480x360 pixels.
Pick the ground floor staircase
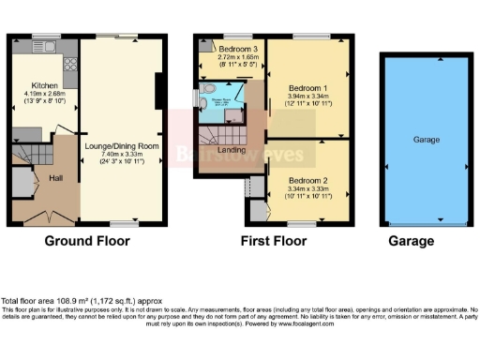click(x=28, y=155)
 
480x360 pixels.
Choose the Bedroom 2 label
click(x=307, y=179)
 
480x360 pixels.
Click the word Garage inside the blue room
click(x=427, y=139)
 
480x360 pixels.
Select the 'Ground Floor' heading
click(x=87, y=241)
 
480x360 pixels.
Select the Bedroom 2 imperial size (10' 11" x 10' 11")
click(x=307, y=196)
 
